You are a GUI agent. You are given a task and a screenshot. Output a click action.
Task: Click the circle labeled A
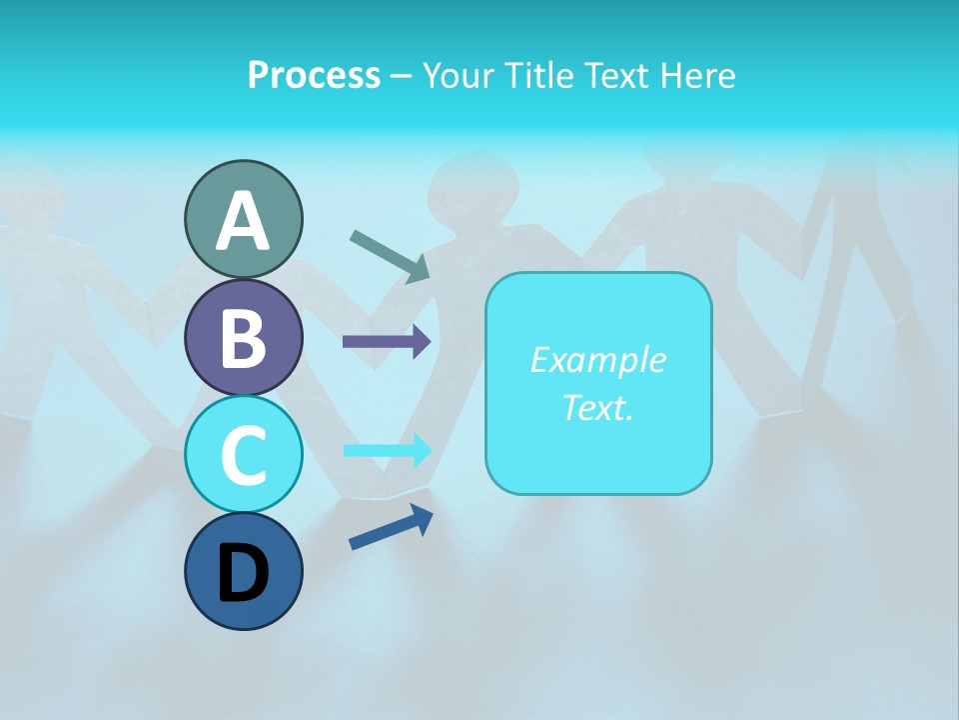coord(243,219)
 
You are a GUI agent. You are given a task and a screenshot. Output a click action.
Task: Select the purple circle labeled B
coord(243,337)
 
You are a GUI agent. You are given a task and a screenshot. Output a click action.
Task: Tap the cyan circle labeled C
coord(243,454)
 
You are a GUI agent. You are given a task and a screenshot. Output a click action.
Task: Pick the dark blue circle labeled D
coord(243,571)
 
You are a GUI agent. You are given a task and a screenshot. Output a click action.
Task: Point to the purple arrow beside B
coord(387,342)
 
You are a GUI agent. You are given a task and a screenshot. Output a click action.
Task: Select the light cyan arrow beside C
coord(387,450)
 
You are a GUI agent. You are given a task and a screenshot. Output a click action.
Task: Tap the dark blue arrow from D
coord(391,527)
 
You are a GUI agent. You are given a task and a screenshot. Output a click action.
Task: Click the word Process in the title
coord(314,75)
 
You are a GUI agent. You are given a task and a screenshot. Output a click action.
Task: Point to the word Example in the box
coord(598,360)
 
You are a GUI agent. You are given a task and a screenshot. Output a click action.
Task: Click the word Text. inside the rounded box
coord(598,407)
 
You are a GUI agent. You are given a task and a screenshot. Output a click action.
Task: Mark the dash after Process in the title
coord(402,76)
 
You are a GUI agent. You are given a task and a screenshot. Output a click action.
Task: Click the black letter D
coord(243,575)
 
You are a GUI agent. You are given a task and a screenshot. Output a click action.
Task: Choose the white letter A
coord(243,222)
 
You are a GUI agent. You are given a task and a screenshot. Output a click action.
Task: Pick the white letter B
coord(243,339)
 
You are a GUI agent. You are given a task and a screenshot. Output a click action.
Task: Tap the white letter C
coord(243,456)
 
